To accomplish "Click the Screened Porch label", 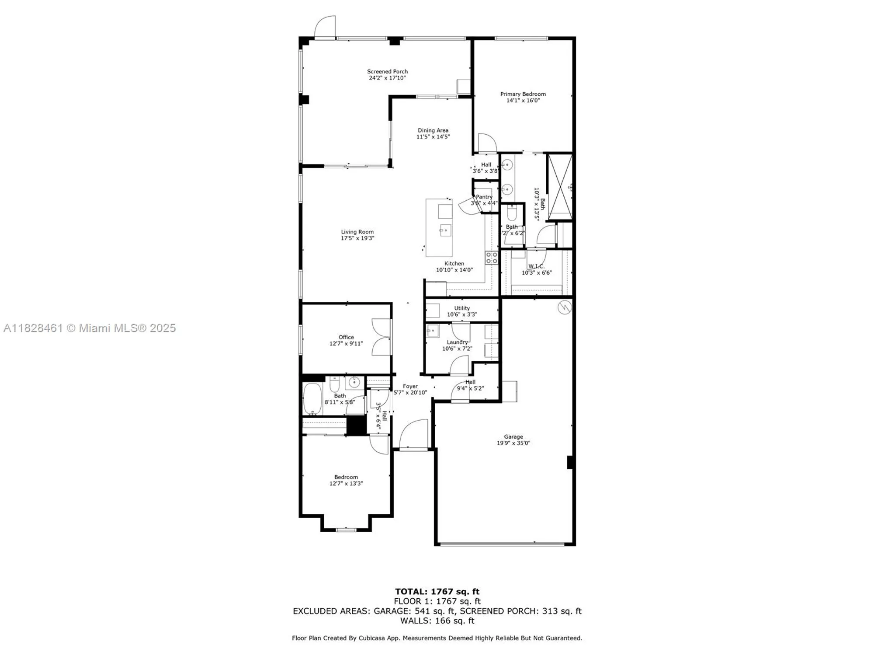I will coord(387,71).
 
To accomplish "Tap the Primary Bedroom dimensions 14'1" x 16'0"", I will coord(523,101).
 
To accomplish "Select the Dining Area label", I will coord(433,130).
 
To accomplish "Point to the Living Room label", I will coord(357,232).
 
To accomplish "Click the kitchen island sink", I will coord(445,230).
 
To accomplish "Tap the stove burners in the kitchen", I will coord(492,258).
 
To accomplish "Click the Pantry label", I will coord(484,197).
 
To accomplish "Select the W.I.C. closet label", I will coord(536,266).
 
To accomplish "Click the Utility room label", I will coord(462,308).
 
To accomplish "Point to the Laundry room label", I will coord(457,342).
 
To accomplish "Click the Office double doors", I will coord(382,337).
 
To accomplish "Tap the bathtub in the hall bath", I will coord(312,399).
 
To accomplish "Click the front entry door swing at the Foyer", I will coord(414,434).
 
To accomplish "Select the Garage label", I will coord(513,436).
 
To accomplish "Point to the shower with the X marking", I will coord(560,186).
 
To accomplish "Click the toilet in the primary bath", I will coord(512,214).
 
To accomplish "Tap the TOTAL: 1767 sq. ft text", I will coord(437,592).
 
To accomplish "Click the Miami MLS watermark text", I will coord(90,328).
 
